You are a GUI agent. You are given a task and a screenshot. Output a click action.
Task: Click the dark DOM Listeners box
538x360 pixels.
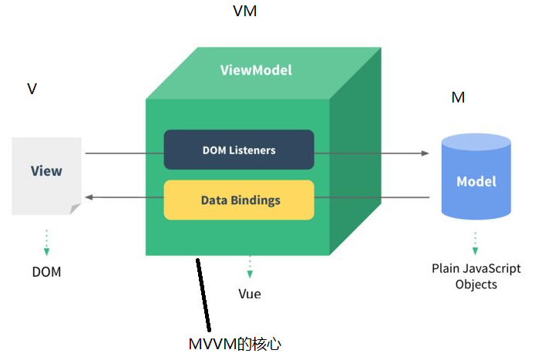pyautogui.click(x=239, y=150)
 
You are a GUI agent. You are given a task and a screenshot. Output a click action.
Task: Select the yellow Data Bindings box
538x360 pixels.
pyautogui.click(x=239, y=200)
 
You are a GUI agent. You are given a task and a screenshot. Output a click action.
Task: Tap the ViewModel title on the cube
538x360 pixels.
pyautogui.click(x=256, y=70)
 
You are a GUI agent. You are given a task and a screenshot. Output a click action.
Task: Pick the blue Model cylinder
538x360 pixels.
pyautogui.click(x=476, y=179)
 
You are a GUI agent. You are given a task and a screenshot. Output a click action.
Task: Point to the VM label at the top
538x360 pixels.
pyautogui.click(x=244, y=12)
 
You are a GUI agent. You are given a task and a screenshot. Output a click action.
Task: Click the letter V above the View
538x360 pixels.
pyautogui.click(x=32, y=89)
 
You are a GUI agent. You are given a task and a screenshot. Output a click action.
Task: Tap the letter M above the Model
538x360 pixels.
pyautogui.click(x=458, y=98)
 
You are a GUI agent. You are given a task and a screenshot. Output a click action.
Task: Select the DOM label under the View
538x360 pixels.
pyautogui.click(x=46, y=272)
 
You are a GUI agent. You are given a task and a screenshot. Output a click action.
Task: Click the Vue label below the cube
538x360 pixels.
pyautogui.click(x=249, y=294)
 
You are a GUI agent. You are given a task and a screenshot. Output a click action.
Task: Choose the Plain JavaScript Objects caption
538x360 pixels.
pyautogui.click(x=476, y=276)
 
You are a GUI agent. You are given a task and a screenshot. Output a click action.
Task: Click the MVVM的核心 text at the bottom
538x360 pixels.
pyautogui.click(x=235, y=344)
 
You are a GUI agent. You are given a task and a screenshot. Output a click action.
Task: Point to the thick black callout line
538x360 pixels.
pyautogui.click(x=203, y=296)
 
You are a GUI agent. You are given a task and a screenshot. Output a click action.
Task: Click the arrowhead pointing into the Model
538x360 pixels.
pyautogui.click(x=425, y=153)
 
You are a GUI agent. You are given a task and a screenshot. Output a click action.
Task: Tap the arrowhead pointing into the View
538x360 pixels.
pyautogui.click(x=89, y=198)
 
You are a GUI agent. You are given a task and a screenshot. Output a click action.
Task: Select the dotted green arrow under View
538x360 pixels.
pyautogui.click(x=46, y=243)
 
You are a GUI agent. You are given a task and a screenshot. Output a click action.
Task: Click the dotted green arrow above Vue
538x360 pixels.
pyautogui.click(x=249, y=267)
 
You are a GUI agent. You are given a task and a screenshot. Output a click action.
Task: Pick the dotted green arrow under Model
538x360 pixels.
pyautogui.click(x=475, y=243)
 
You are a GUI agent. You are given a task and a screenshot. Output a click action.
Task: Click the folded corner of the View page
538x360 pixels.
pyautogui.click(x=75, y=208)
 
